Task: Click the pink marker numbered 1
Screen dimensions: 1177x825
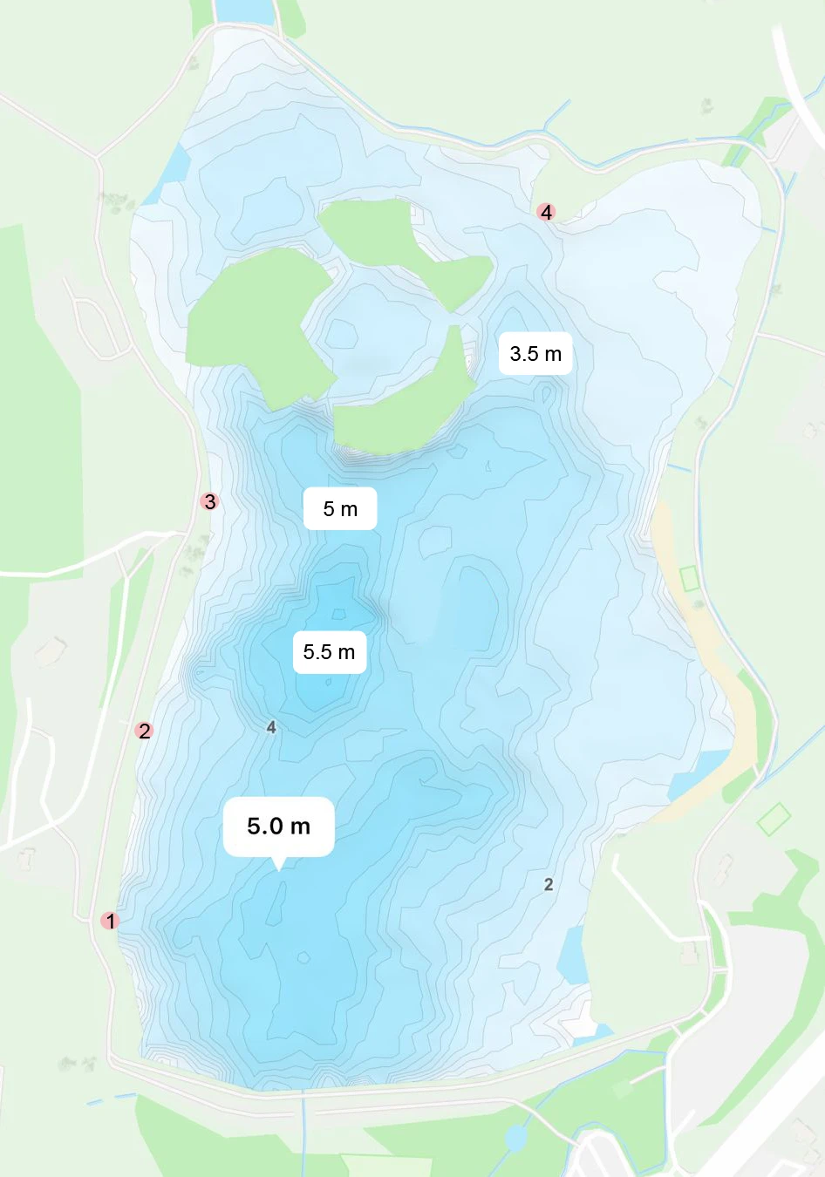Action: tap(109, 920)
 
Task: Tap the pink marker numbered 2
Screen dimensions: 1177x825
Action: tap(145, 731)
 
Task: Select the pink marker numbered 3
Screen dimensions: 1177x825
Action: tap(208, 501)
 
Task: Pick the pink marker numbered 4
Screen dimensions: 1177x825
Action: tap(546, 212)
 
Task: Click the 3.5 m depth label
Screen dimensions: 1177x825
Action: tap(535, 354)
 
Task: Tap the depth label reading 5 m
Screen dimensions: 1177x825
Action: tap(340, 509)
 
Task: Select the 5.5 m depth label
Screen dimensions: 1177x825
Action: tap(329, 652)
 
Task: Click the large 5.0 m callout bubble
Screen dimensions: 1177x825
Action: tap(278, 826)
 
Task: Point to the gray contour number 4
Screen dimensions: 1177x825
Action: tap(271, 727)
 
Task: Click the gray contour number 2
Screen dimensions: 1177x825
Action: tap(549, 884)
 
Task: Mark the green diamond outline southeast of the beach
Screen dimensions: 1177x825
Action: tap(774, 819)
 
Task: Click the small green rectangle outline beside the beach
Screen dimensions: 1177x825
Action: tap(690, 578)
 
